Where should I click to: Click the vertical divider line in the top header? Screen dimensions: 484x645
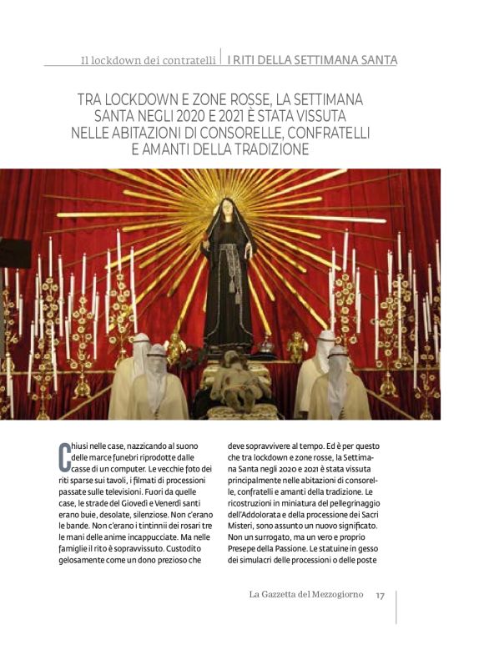point(221,58)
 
